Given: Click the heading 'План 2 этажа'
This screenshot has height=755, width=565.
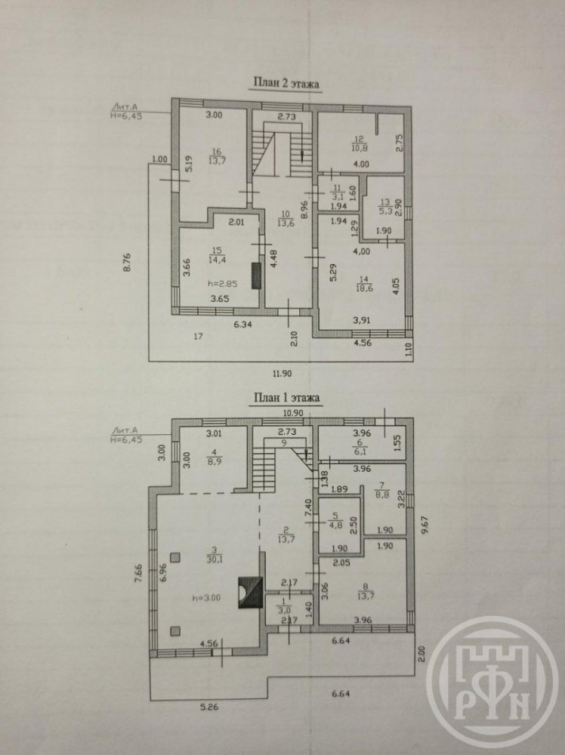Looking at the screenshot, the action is pyautogui.click(x=286, y=83).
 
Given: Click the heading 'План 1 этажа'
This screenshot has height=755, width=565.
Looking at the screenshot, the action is pyautogui.click(x=286, y=398).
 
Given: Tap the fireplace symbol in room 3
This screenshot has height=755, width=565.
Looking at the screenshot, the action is pyautogui.click(x=251, y=593).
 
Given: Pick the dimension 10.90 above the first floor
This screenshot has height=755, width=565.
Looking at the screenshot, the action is pyautogui.click(x=293, y=413).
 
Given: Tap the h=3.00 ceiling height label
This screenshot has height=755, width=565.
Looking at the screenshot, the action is pyautogui.click(x=207, y=597).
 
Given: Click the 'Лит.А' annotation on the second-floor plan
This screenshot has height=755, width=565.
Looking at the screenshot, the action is pyautogui.click(x=122, y=107).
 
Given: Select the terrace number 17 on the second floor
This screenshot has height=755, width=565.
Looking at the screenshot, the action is pyautogui.click(x=198, y=337).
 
